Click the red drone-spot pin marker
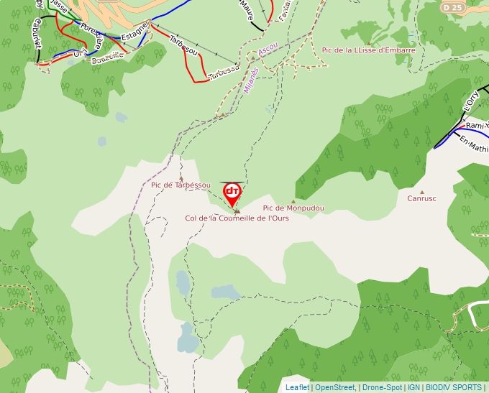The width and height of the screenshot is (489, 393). [232, 193]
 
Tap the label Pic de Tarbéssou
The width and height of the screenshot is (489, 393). [180, 185]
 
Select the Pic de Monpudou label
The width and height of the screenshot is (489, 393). [293, 208]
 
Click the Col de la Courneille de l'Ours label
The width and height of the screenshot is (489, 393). [237, 218]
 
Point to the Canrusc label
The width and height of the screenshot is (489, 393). [421, 199]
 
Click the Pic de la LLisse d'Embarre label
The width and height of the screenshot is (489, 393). [368, 50]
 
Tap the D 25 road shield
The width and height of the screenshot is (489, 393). [452, 7]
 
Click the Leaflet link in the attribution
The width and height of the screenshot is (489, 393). [297, 388]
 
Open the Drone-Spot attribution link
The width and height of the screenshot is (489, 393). [382, 388]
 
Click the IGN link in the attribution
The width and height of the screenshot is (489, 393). [413, 388]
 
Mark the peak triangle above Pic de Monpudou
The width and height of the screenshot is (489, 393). [293, 201]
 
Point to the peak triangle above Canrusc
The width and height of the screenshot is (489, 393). [421, 192]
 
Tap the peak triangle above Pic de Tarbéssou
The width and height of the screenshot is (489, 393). [180, 178]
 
